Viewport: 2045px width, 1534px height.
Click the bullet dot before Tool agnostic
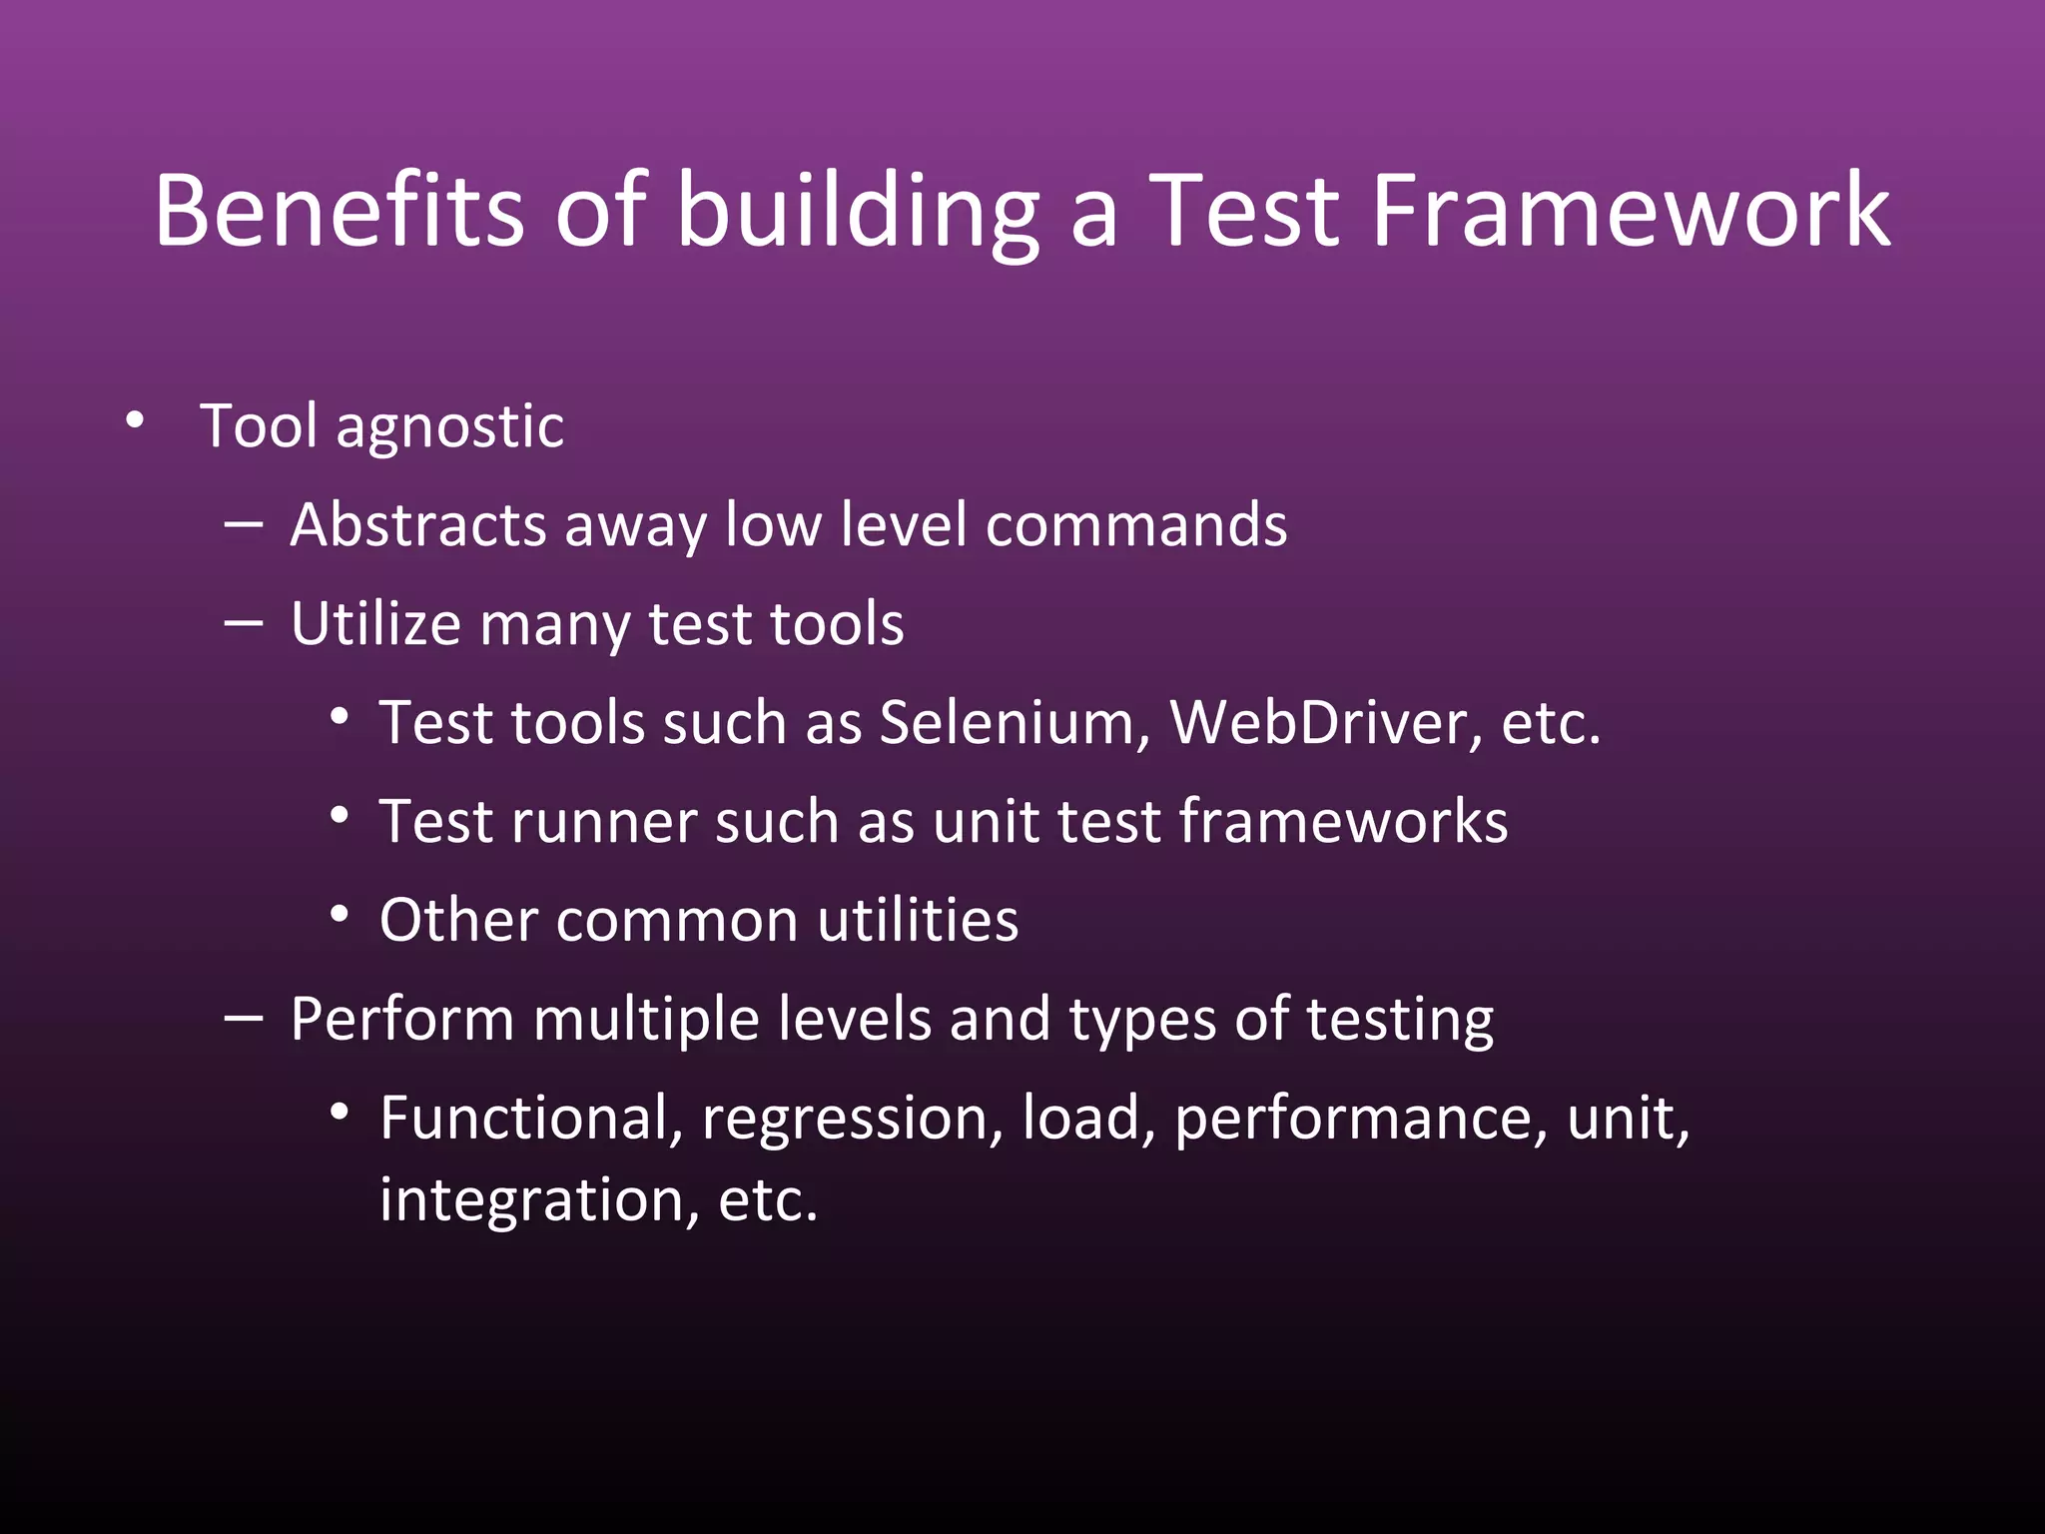point(135,420)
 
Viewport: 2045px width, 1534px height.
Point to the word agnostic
point(449,428)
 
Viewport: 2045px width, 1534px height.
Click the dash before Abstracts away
point(244,522)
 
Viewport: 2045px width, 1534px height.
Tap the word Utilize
point(375,624)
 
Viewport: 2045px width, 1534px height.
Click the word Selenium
point(1015,722)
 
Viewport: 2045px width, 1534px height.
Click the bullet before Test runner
point(340,816)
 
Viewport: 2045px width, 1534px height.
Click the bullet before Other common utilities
point(340,914)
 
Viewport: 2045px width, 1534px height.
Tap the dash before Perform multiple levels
point(244,1018)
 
